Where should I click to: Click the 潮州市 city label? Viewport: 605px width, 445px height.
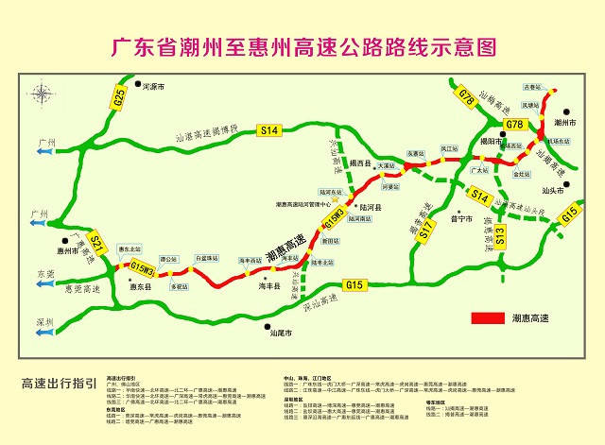click(565, 123)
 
